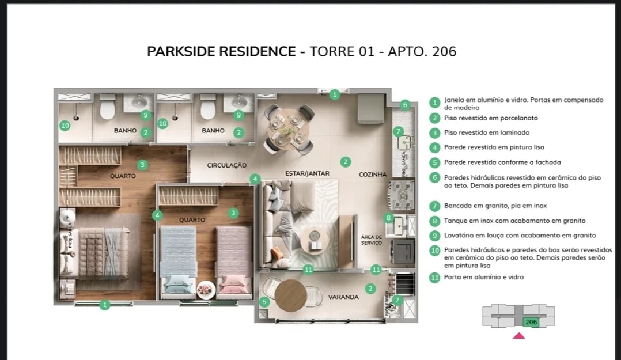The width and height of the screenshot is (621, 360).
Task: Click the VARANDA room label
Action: [343, 297]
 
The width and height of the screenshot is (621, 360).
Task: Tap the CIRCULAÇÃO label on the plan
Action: [227, 165]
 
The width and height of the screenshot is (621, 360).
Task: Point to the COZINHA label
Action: [373, 175]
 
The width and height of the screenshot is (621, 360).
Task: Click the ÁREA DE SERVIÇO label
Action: [372, 240]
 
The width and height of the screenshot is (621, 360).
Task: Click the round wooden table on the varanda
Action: [291, 295]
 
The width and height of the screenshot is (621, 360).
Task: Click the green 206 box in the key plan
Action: [531, 322]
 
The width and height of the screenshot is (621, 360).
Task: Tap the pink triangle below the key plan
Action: [518, 336]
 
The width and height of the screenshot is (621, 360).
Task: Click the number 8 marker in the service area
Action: [389, 218]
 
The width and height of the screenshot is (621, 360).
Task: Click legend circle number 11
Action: [435, 278]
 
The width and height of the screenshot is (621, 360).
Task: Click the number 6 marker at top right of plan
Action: [405, 105]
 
